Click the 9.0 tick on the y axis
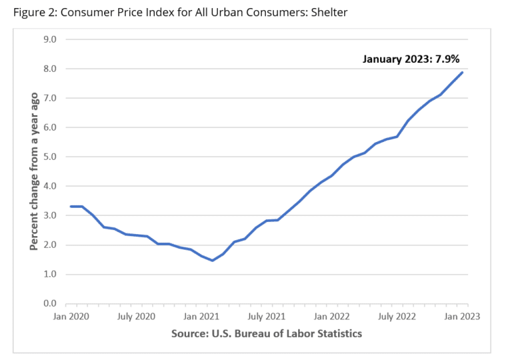tap(51, 39)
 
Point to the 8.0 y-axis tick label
tap(51, 69)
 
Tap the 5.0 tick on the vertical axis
tap(51, 157)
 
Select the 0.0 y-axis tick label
tap(51, 303)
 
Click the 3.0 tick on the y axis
tap(51, 215)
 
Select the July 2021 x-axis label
tap(266, 317)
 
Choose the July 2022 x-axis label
tap(397, 317)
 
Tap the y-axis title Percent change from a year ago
tap(33, 171)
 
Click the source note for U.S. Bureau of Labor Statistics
tap(266, 333)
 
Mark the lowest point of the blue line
tap(212, 261)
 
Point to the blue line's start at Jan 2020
tap(71, 207)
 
